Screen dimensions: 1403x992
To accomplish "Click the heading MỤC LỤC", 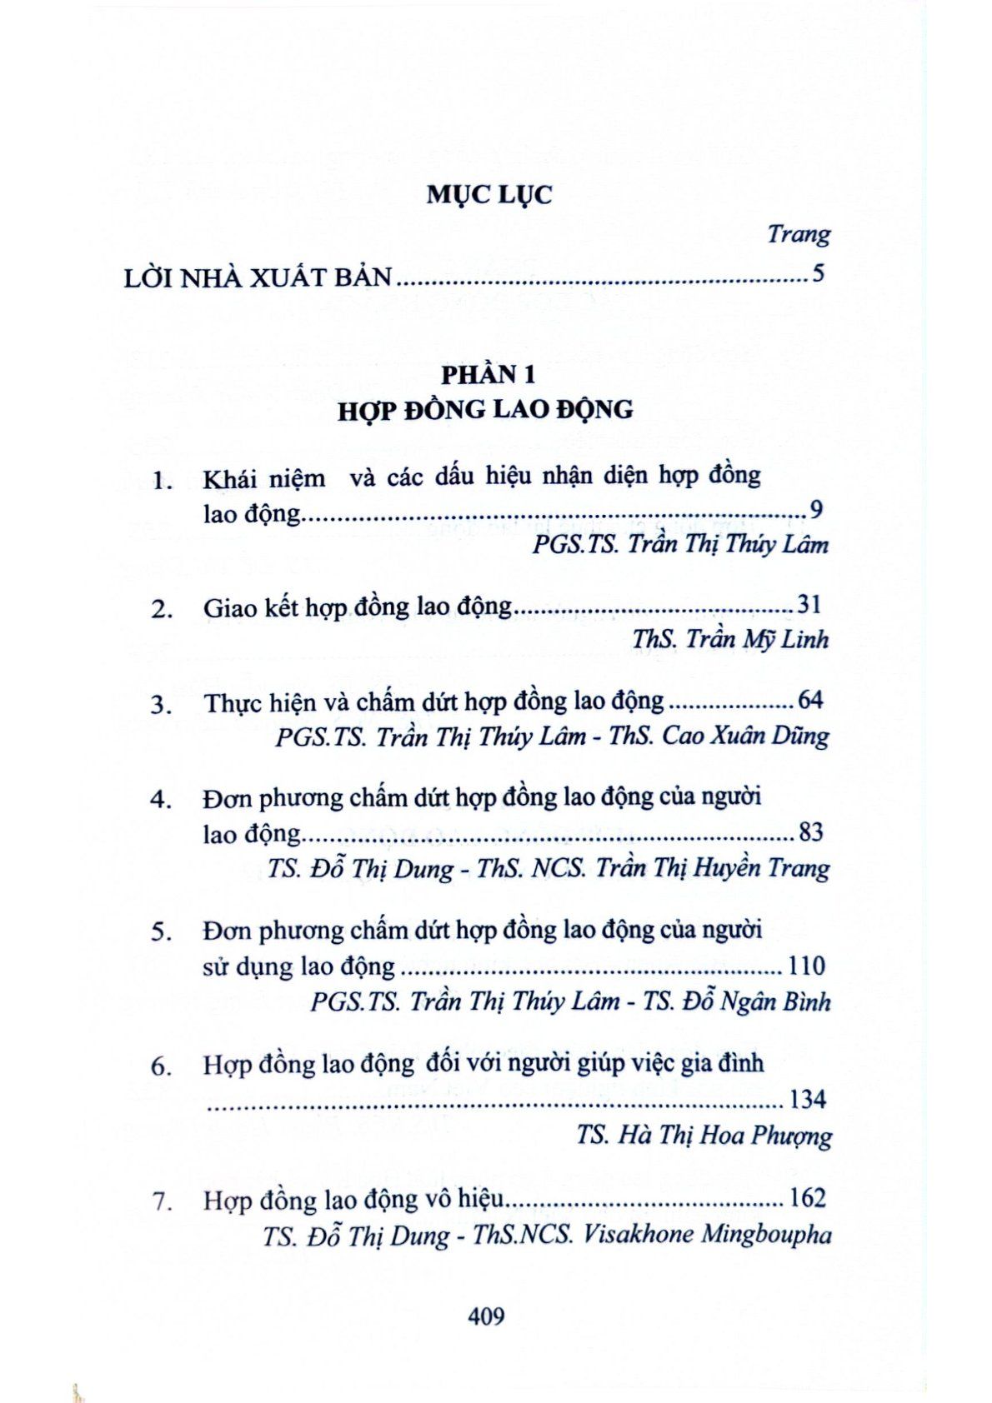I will tap(489, 195).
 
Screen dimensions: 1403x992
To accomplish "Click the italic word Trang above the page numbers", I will tap(798, 234).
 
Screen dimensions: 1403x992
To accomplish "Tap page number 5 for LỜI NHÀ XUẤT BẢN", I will tap(818, 273).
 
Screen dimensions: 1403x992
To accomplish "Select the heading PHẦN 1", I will tap(488, 375).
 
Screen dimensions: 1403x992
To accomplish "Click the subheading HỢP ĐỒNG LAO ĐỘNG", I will tap(485, 410).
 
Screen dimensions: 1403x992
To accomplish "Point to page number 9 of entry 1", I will tap(816, 510).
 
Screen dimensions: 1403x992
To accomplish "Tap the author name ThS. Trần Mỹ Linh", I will tap(730, 639).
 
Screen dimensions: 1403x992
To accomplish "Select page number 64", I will tap(810, 700).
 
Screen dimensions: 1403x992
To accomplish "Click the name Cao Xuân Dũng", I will tap(745, 736).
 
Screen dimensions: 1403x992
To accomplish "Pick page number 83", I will tap(810, 831).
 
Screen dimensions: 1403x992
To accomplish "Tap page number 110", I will tap(806, 966).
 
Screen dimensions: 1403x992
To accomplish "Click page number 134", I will tap(807, 1100).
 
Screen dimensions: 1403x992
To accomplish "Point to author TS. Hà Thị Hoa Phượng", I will tap(704, 1136).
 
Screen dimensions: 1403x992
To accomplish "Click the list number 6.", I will tap(161, 1066).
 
